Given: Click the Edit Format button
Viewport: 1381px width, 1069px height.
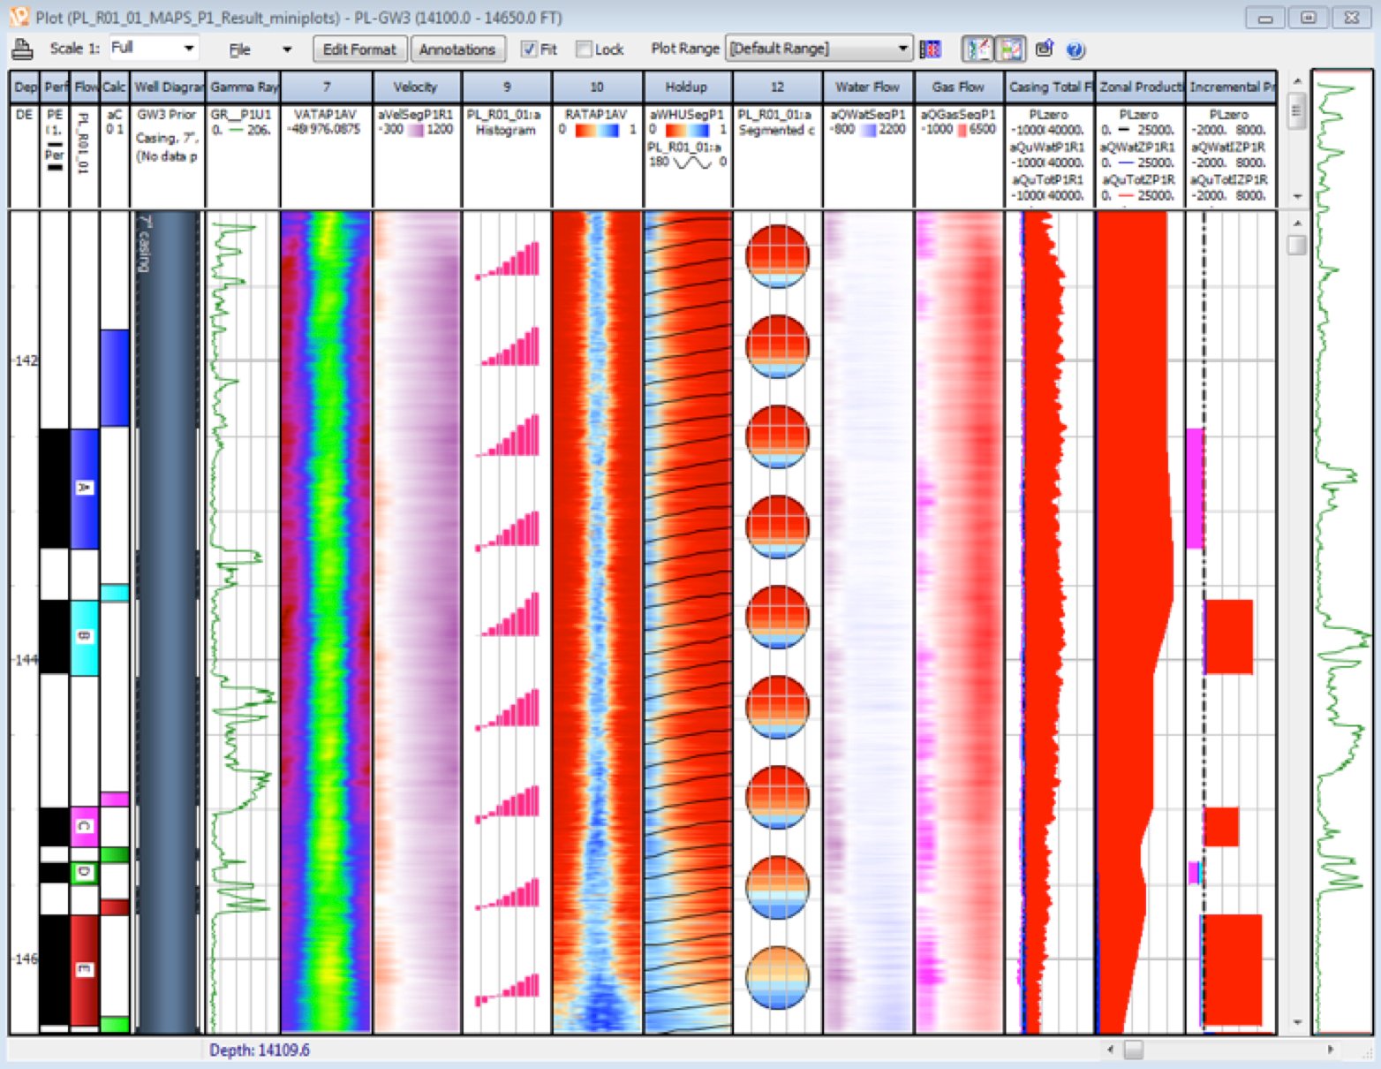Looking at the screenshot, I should pyautogui.click(x=359, y=49).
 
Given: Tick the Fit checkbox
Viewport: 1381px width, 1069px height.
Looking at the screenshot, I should pyautogui.click(x=529, y=49).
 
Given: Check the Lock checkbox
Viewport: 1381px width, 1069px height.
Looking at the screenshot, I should pyautogui.click(x=584, y=49).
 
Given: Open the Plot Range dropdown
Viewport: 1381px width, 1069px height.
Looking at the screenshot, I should pyautogui.click(x=902, y=49).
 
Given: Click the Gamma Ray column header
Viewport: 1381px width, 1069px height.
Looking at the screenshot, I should pyautogui.click(x=243, y=87).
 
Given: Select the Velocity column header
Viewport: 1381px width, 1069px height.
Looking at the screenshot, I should pyautogui.click(x=416, y=87).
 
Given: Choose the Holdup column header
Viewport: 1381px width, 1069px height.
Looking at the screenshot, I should pyautogui.click(x=686, y=87).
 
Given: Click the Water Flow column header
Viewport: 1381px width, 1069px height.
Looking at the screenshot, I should pyautogui.click(x=867, y=87).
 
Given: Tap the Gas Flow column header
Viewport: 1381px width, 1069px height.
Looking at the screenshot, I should pyautogui.click(x=958, y=87).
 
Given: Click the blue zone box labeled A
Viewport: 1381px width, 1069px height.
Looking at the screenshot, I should pyautogui.click(x=84, y=489).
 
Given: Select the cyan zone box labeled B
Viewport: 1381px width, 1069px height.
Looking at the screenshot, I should pyautogui.click(x=84, y=637).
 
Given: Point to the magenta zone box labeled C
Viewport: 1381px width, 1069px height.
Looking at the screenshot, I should pyautogui.click(x=84, y=826).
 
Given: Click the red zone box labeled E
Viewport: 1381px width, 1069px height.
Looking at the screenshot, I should pyautogui.click(x=84, y=969).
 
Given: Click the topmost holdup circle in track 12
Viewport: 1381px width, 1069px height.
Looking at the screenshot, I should pyautogui.click(x=777, y=257).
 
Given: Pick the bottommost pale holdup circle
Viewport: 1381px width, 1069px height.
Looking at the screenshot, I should pyautogui.click(x=777, y=978).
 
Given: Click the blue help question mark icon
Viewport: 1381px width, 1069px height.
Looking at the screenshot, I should pyautogui.click(x=1075, y=49).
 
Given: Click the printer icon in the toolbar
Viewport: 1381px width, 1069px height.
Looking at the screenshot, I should pyautogui.click(x=22, y=49).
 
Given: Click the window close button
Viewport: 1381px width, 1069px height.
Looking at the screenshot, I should pyautogui.click(x=1351, y=18).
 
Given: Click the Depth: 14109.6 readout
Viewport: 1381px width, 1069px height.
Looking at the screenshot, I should pyautogui.click(x=260, y=1050).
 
